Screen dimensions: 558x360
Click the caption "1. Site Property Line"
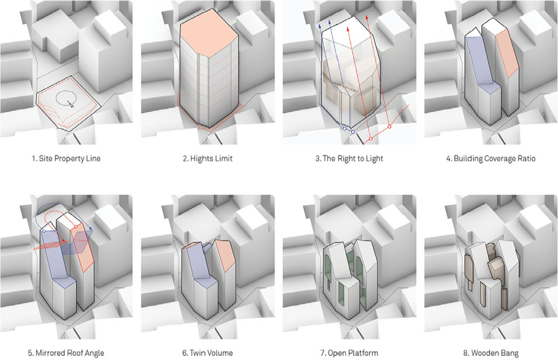[x=66, y=158]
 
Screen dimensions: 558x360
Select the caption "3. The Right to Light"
[x=349, y=158]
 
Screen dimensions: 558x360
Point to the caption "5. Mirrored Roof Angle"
[x=66, y=353]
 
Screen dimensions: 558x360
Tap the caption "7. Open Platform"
[x=349, y=353]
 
